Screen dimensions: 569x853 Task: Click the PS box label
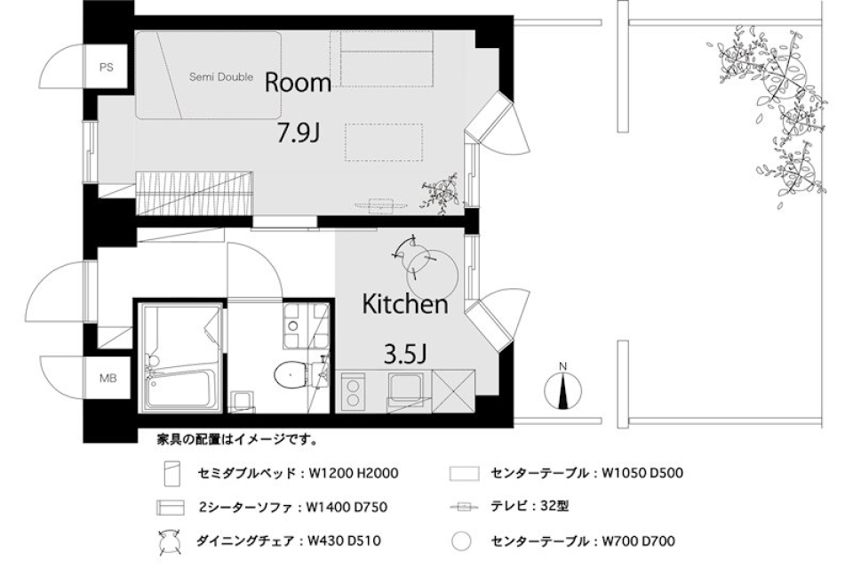pos(106,66)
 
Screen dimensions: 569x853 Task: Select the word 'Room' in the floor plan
pos(298,84)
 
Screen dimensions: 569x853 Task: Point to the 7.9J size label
pos(297,134)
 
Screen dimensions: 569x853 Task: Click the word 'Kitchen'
pos(404,304)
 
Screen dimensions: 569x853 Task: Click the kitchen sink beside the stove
pos(405,389)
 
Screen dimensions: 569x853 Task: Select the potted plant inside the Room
pos(440,192)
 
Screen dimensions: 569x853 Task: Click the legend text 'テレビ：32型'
pos(530,506)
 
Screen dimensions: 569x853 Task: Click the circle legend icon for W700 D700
pos(459,540)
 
